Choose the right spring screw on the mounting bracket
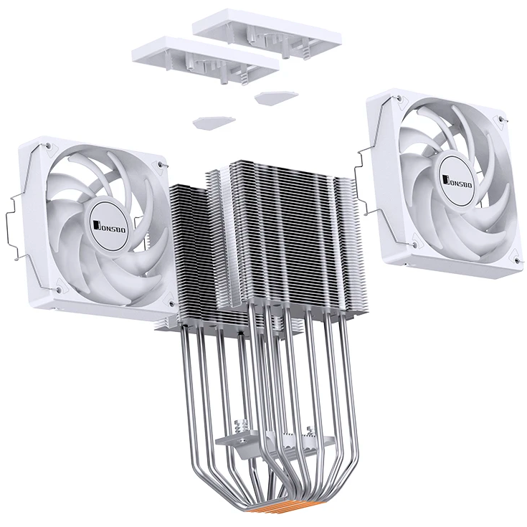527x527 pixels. [x=310, y=432]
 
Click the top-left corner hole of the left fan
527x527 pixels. [x=47, y=146]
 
